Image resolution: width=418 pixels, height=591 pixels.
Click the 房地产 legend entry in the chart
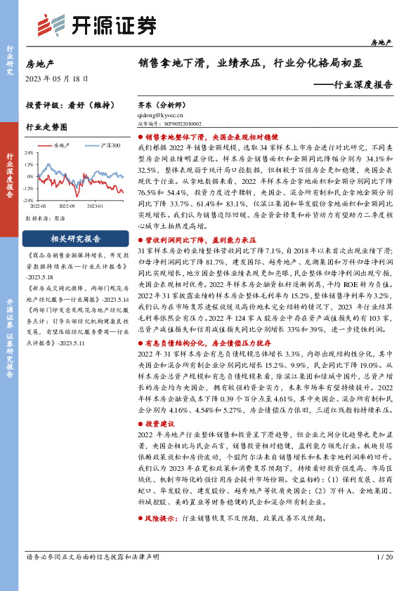pyautogui.click(x=64, y=145)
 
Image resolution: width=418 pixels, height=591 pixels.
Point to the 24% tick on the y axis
pyautogui.click(x=29, y=152)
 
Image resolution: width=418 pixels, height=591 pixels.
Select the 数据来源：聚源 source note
pyautogui.click(x=45, y=219)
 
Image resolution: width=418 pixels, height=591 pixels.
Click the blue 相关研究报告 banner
pyautogui.click(x=76, y=238)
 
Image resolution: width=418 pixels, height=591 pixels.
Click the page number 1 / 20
pyautogui.click(x=384, y=576)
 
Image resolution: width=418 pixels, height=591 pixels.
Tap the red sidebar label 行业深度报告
pyautogui.click(x=10, y=175)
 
